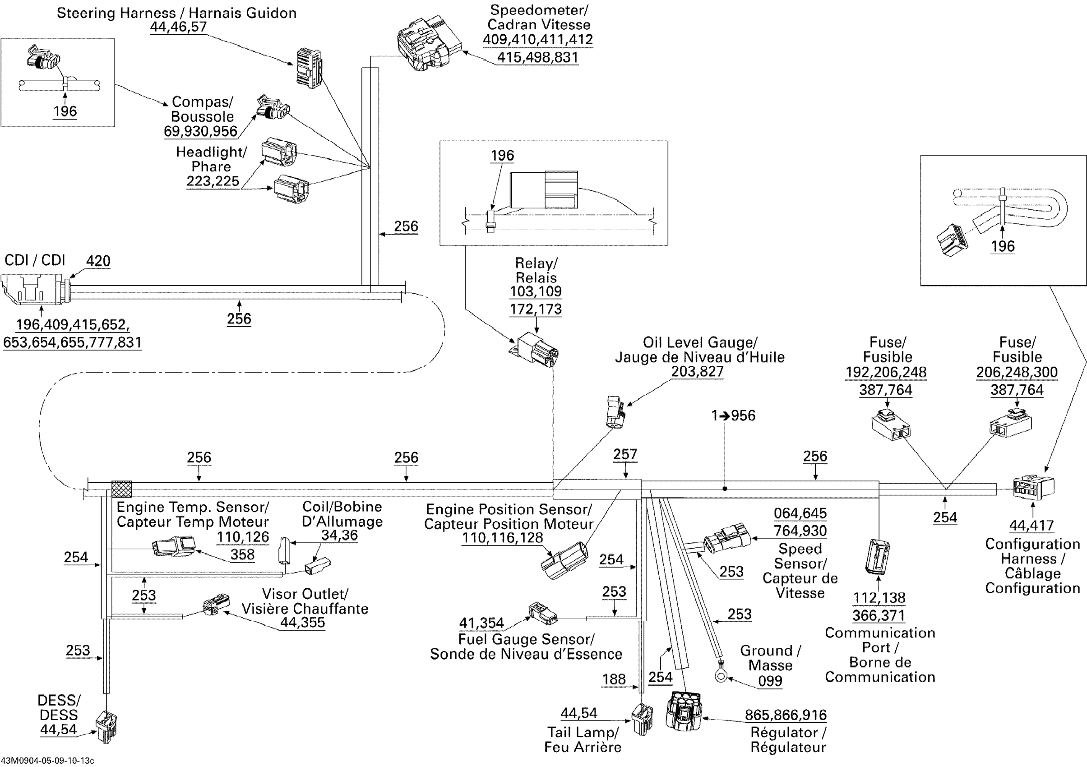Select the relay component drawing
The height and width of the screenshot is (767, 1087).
pos(535,350)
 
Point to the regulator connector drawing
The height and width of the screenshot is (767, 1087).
pos(684,710)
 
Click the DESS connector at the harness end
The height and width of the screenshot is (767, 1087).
pos(106,727)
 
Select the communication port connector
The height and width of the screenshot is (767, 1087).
pos(877,556)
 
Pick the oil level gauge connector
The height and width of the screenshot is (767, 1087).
pos(616,412)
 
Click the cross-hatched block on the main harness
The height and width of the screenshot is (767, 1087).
pos(122,489)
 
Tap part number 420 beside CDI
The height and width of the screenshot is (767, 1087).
pos(98,261)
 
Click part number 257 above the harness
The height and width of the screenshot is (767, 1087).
pos(625,454)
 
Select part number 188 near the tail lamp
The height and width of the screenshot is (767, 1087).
pos(614,679)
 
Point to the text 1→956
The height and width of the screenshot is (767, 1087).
pos(733,416)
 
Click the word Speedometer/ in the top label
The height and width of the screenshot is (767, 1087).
pos(539,9)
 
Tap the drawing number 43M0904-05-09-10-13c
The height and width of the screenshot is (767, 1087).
pos(47,761)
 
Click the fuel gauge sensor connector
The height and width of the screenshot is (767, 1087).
pos(542,614)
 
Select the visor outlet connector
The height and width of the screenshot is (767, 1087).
pos(216,604)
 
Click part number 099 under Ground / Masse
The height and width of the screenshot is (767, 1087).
pos(770,681)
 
